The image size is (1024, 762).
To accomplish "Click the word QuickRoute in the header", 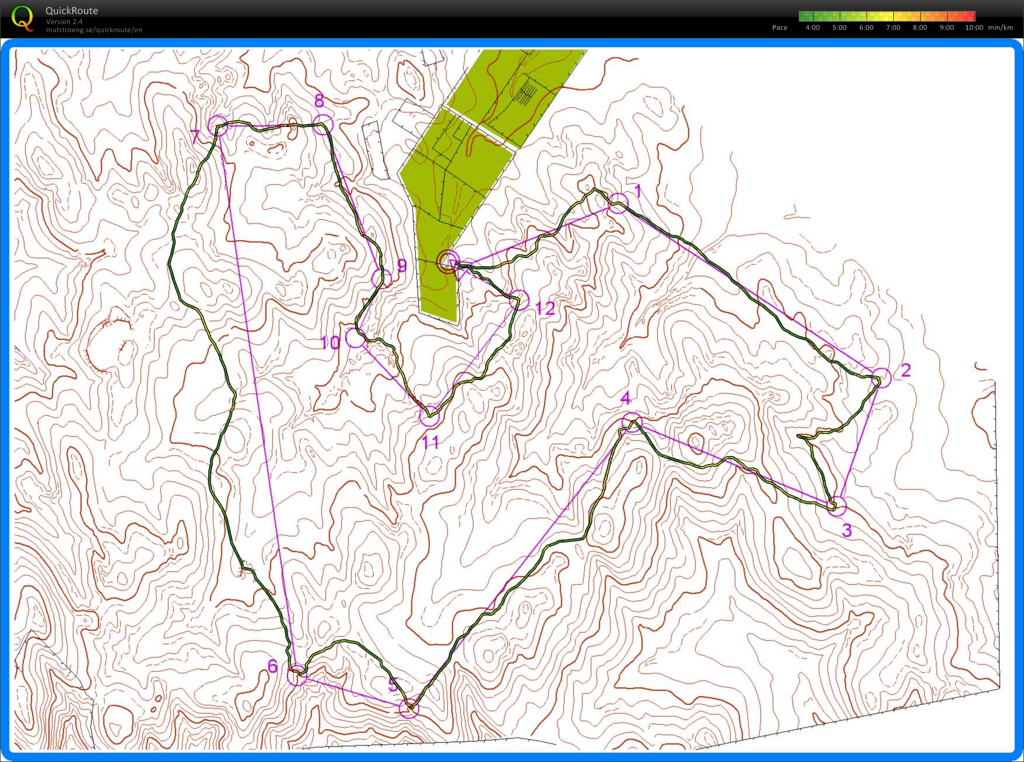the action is click(72, 10).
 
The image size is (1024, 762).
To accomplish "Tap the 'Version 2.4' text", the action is click(64, 22).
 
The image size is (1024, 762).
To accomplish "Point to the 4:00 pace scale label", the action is click(812, 27).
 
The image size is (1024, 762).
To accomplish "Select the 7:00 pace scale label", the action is click(893, 27).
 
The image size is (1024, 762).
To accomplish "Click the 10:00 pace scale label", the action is click(974, 27).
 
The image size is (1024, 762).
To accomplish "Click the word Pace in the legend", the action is click(780, 27).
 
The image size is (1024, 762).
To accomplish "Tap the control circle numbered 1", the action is click(618, 203).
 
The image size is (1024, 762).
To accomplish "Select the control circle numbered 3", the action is click(837, 506).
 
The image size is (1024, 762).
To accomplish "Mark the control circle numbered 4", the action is click(632, 422).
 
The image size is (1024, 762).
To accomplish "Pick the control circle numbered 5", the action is click(409, 708).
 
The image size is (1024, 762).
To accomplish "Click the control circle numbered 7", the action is click(218, 125).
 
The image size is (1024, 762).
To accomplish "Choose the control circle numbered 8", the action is click(323, 124).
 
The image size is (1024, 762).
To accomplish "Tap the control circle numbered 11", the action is click(430, 416).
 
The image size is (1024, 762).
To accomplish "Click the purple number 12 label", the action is click(545, 308).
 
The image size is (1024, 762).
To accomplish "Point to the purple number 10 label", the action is click(330, 343).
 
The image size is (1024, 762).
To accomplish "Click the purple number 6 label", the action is click(272, 666).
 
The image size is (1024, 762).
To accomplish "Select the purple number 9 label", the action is click(402, 266).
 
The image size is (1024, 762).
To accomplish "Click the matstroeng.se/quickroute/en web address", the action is click(94, 30).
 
